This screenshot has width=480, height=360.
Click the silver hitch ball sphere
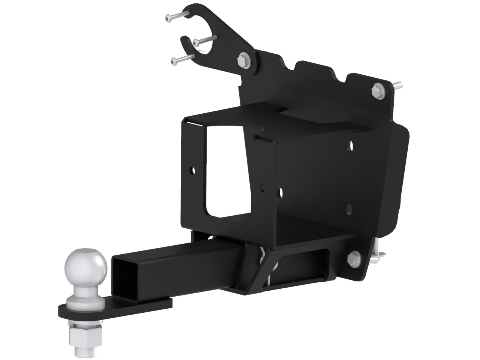tap(87, 264)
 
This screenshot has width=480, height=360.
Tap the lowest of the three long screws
tap(183, 59)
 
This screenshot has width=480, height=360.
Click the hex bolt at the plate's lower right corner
tap(353, 258)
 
